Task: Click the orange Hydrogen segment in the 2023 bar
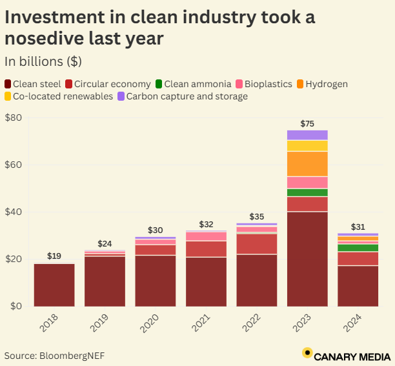pyautogui.click(x=307, y=164)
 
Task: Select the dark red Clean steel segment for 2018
pyautogui.click(x=54, y=285)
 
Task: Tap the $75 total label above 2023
pyautogui.click(x=307, y=123)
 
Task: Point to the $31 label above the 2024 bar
pyautogui.click(x=358, y=227)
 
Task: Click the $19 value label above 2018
pyautogui.click(x=54, y=256)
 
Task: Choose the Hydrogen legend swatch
pyautogui.click(x=299, y=84)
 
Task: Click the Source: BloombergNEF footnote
pyautogui.click(x=54, y=355)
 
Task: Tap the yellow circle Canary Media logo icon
pyautogui.click(x=307, y=353)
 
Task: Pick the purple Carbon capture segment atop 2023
pyautogui.click(x=307, y=135)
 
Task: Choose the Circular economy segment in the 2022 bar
pyautogui.click(x=257, y=243)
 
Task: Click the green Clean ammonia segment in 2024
pyautogui.click(x=358, y=248)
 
